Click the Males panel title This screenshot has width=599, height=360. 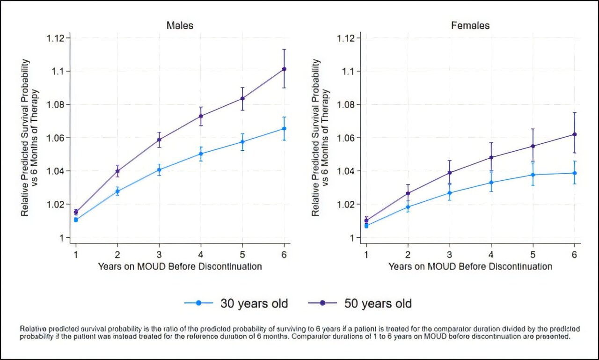click(x=180, y=25)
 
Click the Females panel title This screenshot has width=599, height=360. click(x=470, y=25)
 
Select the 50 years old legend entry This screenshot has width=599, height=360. click(x=359, y=303)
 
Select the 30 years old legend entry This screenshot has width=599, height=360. click(x=236, y=303)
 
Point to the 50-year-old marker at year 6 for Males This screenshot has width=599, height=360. click(x=284, y=69)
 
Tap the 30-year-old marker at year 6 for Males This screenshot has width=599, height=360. click(x=284, y=128)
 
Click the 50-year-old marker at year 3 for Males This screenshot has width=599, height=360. click(x=159, y=140)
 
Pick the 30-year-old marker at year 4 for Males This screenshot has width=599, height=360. click(x=201, y=154)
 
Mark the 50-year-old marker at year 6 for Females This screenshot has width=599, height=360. click(x=574, y=134)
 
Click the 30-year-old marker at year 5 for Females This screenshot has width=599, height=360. click(x=533, y=175)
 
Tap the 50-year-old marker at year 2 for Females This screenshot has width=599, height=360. click(x=408, y=193)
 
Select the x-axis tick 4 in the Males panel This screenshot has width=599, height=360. click(x=201, y=254)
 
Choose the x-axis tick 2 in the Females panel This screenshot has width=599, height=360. click(x=408, y=254)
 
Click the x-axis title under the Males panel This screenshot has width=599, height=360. click(x=180, y=266)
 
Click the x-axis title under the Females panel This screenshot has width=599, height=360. click(x=470, y=266)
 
